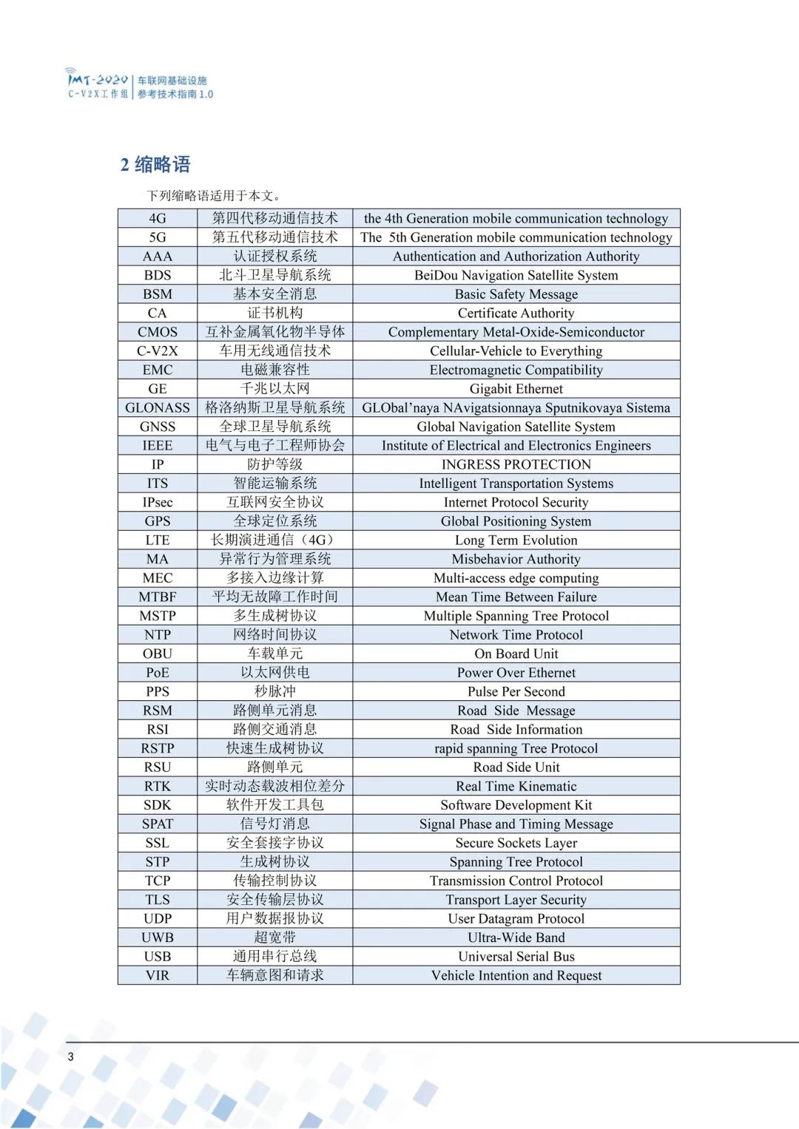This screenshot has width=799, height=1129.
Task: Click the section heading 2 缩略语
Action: pyautogui.click(x=155, y=164)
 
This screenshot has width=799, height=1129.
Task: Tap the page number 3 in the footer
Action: pyautogui.click(x=71, y=1057)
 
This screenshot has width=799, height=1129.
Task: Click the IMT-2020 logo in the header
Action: pyautogui.click(x=98, y=84)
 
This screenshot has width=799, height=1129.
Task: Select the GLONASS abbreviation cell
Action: pyautogui.click(x=158, y=407)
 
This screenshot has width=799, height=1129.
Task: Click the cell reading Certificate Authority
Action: pyautogui.click(x=516, y=313)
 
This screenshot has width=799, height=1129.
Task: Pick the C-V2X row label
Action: pyautogui.click(x=158, y=350)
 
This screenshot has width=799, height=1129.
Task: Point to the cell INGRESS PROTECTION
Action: pyautogui.click(x=516, y=464)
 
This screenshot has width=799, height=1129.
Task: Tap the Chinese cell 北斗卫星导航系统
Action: pyautogui.click(x=274, y=275)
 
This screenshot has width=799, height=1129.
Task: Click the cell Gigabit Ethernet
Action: pyautogui.click(x=516, y=389)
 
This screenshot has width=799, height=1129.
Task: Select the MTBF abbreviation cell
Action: pyautogui.click(x=158, y=597)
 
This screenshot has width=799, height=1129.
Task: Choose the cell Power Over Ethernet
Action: pyautogui.click(x=516, y=673)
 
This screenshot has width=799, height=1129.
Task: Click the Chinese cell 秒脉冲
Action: pyautogui.click(x=274, y=691)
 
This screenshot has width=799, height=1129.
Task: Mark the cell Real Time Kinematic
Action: pyautogui.click(x=516, y=786)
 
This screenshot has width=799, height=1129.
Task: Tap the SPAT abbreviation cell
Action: pyautogui.click(x=158, y=824)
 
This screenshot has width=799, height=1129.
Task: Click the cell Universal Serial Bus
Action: pyautogui.click(x=516, y=956)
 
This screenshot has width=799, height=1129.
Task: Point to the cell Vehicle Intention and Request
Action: pyautogui.click(x=516, y=975)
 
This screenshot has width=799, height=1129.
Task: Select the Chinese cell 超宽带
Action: pyautogui.click(x=274, y=938)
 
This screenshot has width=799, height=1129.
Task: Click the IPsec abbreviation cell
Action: pyautogui.click(x=158, y=502)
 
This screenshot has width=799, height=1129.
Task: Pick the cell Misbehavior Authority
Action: pyautogui.click(x=516, y=559)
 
